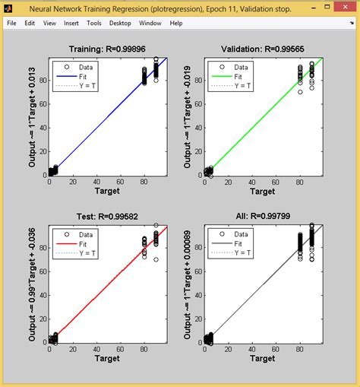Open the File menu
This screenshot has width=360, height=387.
pyautogui.click(x=11, y=23)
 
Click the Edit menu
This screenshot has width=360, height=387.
pyautogui.click(x=30, y=23)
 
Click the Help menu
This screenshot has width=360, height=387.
pyautogui.click(x=176, y=23)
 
